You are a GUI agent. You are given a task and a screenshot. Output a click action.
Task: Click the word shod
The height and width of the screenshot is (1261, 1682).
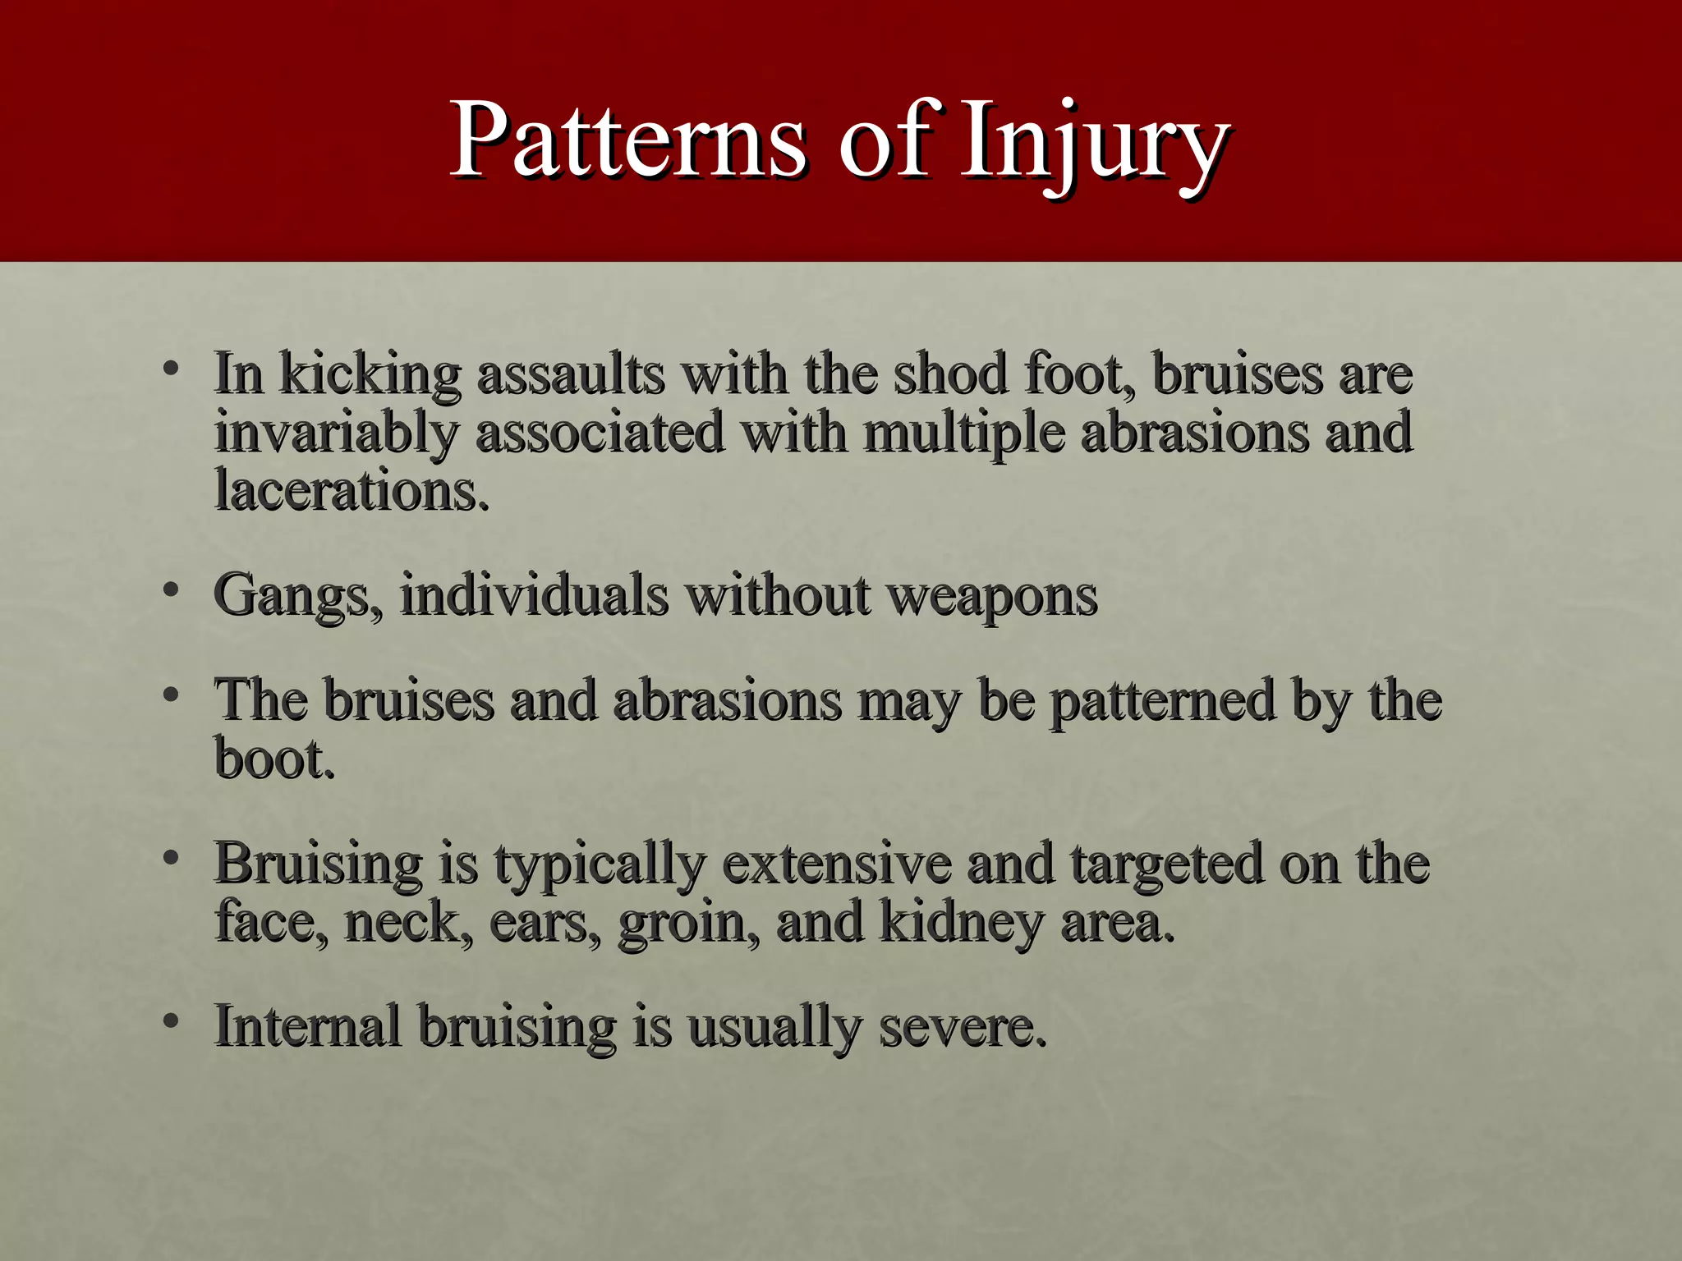(x=949, y=374)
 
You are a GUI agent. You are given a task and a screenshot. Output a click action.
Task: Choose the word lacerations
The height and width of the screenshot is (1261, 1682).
(x=352, y=491)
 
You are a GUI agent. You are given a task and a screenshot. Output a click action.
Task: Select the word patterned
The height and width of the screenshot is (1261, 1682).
(x=1163, y=701)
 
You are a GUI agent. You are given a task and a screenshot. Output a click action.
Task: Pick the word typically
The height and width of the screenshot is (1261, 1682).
(x=599, y=865)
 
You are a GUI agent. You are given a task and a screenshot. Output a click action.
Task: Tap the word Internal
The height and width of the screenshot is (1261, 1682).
(x=307, y=1026)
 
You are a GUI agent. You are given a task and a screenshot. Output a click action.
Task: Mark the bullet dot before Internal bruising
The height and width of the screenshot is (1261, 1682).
(x=171, y=1021)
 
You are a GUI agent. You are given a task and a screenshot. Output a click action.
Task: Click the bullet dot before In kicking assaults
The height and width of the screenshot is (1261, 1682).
(x=171, y=369)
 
